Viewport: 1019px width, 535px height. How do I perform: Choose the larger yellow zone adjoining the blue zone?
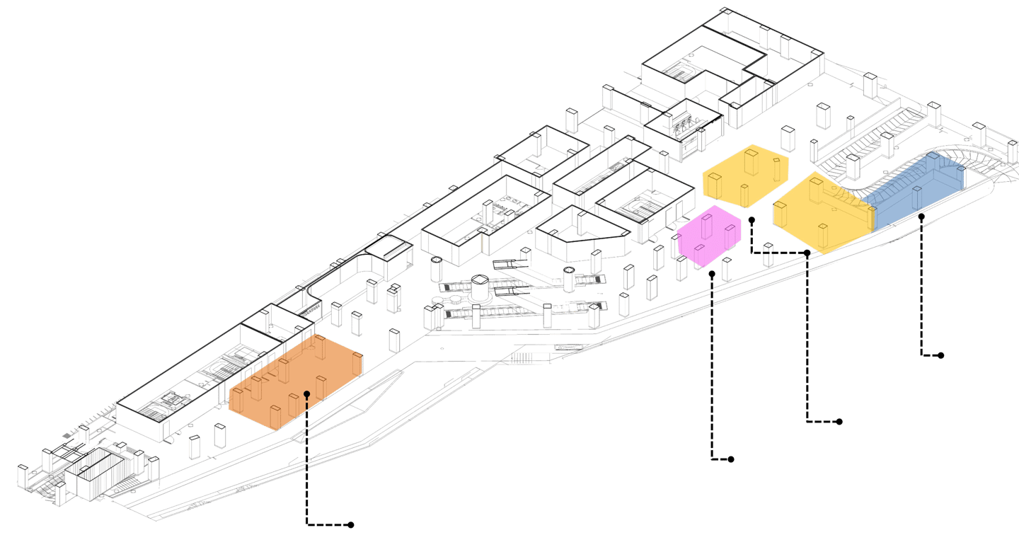pyautogui.click(x=821, y=212)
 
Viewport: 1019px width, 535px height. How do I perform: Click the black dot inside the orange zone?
pyautogui.click(x=306, y=393)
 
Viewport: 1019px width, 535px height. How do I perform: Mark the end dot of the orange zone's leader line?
pyautogui.click(x=351, y=525)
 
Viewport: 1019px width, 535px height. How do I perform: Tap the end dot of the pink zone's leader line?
pyautogui.click(x=732, y=459)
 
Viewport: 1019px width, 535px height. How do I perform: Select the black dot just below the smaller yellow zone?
pyautogui.click(x=752, y=219)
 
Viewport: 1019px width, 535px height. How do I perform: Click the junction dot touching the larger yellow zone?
pyautogui.click(x=808, y=252)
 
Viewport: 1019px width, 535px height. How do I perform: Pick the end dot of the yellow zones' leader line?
pyautogui.click(x=839, y=422)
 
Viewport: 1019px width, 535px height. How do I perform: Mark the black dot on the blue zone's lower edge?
pyautogui.click(x=921, y=216)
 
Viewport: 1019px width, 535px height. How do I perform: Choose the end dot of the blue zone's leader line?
pyautogui.click(x=942, y=356)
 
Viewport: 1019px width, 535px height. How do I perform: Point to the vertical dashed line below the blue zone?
pyautogui.click(x=921, y=283)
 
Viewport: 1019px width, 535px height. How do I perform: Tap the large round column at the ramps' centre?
pyautogui.click(x=480, y=287)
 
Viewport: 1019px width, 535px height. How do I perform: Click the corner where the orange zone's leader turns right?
pyautogui.click(x=307, y=524)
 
